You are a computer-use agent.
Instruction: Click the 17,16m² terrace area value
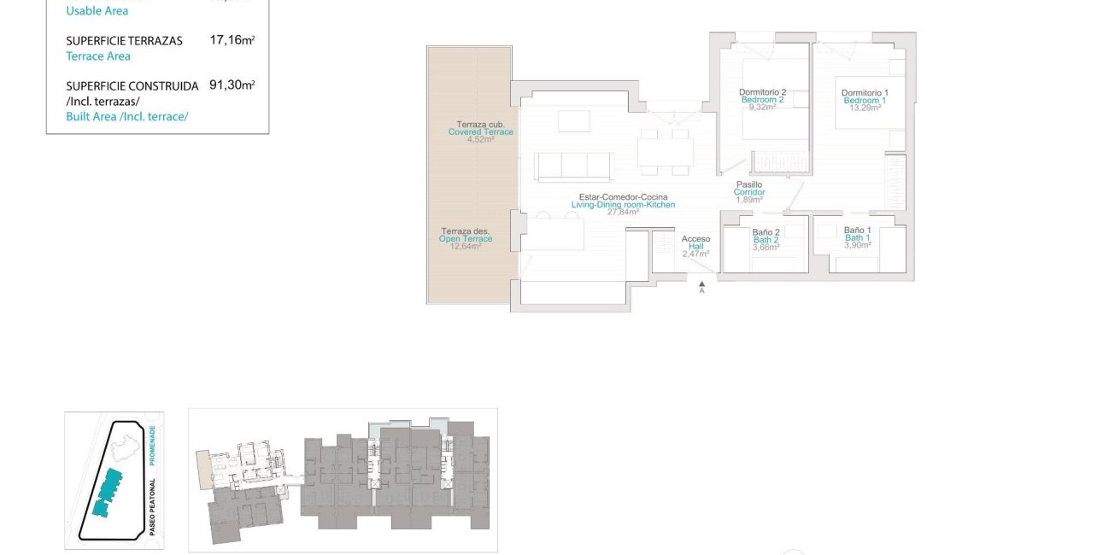(232, 39)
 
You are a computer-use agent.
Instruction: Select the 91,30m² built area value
(232, 85)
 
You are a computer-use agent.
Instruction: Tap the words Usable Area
(97, 11)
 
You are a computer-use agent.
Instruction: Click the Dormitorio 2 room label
(761, 92)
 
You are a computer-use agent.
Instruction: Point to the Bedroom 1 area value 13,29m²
(864, 108)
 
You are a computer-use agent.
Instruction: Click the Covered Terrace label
(480, 131)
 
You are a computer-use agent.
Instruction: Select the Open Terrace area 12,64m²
(466, 247)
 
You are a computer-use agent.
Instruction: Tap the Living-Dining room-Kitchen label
(623, 205)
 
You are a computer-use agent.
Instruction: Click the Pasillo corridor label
(749, 184)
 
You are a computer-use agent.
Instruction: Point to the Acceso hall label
(695, 239)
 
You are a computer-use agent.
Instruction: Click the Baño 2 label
(766, 232)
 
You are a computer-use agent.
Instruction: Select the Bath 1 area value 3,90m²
(857, 245)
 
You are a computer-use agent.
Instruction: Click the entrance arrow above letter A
(701, 282)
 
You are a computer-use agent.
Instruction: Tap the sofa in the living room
(574, 166)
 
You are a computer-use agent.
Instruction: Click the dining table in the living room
(665, 152)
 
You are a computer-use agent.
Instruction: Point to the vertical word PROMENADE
(151, 445)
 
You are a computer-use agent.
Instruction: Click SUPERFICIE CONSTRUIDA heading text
(132, 86)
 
